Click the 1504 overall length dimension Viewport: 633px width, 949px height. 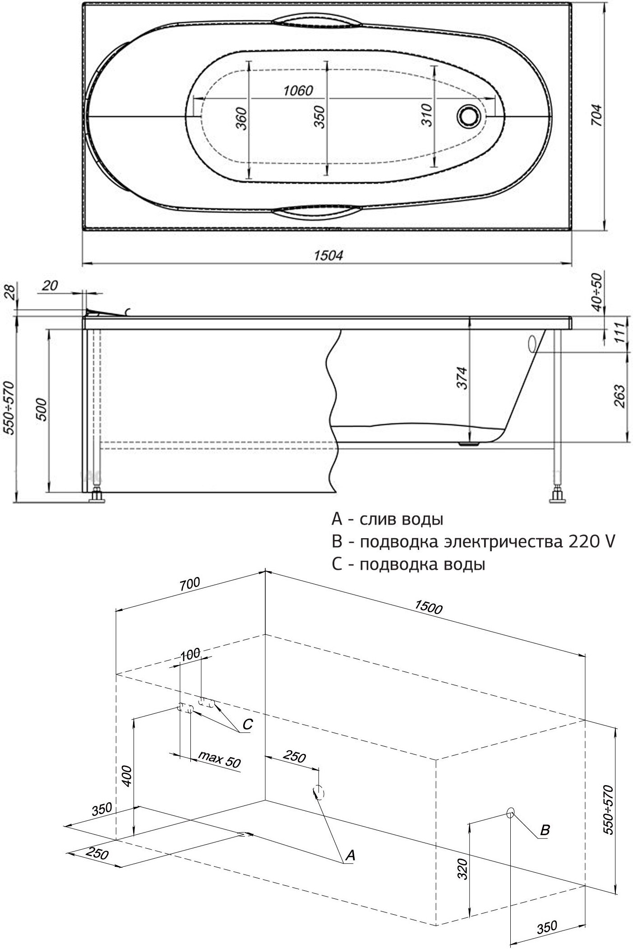(x=328, y=256)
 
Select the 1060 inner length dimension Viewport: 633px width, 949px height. (x=298, y=91)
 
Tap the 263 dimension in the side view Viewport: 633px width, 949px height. (x=619, y=395)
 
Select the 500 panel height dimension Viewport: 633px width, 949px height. (x=42, y=409)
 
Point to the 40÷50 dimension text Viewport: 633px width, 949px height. (x=596, y=292)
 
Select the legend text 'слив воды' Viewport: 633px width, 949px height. (x=401, y=519)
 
